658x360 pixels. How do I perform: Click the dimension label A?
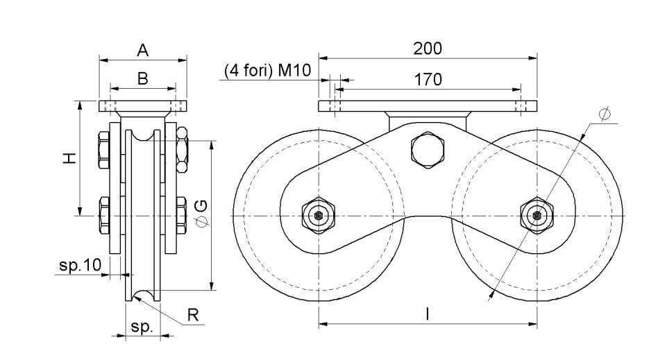click(x=142, y=50)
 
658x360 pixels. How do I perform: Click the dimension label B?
click(x=142, y=79)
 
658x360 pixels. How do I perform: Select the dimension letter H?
click(x=68, y=158)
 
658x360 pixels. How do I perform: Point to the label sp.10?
click(x=81, y=264)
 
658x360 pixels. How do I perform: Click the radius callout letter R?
click(x=194, y=315)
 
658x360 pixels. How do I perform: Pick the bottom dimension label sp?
click(x=142, y=327)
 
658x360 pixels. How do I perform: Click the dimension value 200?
click(x=427, y=49)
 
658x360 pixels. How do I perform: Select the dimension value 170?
click(x=428, y=80)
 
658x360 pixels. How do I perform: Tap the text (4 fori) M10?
click(x=267, y=71)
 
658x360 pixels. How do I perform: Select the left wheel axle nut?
click(x=318, y=216)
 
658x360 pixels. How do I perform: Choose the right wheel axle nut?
click(x=536, y=216)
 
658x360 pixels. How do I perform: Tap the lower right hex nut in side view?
click(x=182, y=214)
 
